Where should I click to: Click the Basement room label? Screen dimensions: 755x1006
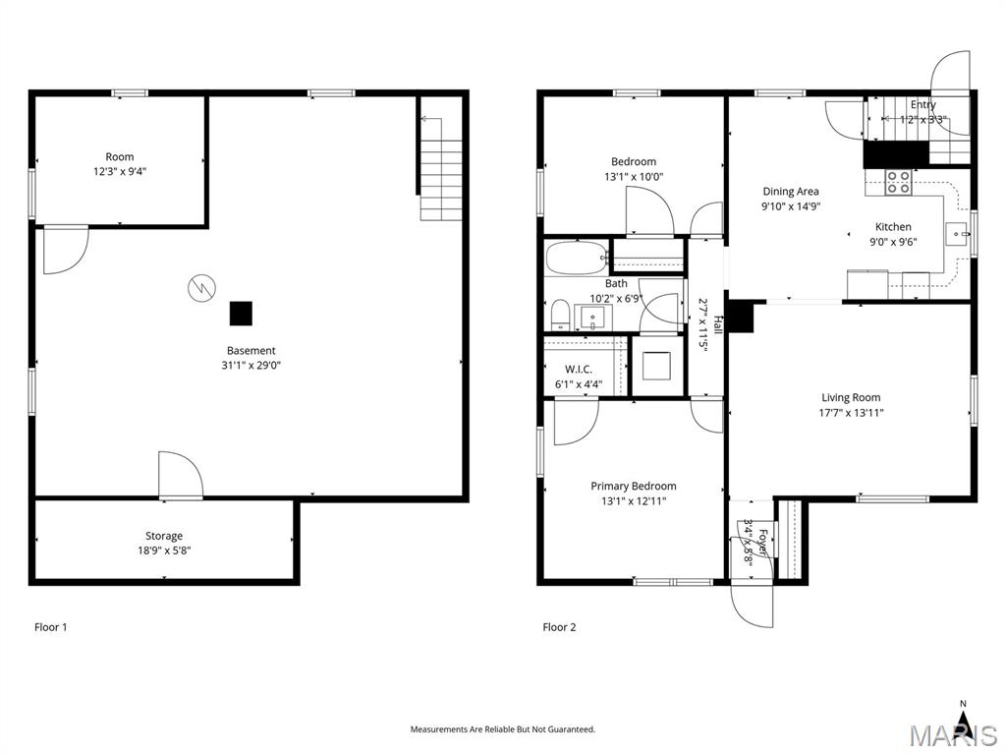click(x=251, y=350)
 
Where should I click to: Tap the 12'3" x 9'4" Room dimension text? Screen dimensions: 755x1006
click(x=120, y=171)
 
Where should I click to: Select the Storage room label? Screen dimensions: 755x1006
click(x=164, y=536)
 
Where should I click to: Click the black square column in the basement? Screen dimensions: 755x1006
click(x=241, y=313)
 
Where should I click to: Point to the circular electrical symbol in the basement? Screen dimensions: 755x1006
click(x=199, y=288)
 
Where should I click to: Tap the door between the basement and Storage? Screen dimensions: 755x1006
click(x=181, y=474)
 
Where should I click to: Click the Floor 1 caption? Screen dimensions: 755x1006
click(x=50, y=626)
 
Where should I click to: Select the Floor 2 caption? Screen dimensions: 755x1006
click(x=559, y=626)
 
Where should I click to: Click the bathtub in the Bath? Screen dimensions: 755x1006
click(x=576, y=259)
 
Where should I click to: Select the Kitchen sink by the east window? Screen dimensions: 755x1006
click(x=956, y=233)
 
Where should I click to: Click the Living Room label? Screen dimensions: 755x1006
click(x=851, y=397)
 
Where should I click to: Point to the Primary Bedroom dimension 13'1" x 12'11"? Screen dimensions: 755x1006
click(x=633, y=500)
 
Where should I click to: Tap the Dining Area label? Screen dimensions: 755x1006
click(x=790, y=192)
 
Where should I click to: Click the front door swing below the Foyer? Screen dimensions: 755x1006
click(x=753, y=604)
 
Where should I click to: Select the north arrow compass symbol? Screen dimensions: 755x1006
click(x=963, y=724)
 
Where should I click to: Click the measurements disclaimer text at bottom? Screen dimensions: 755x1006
click(x=502, y=729)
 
